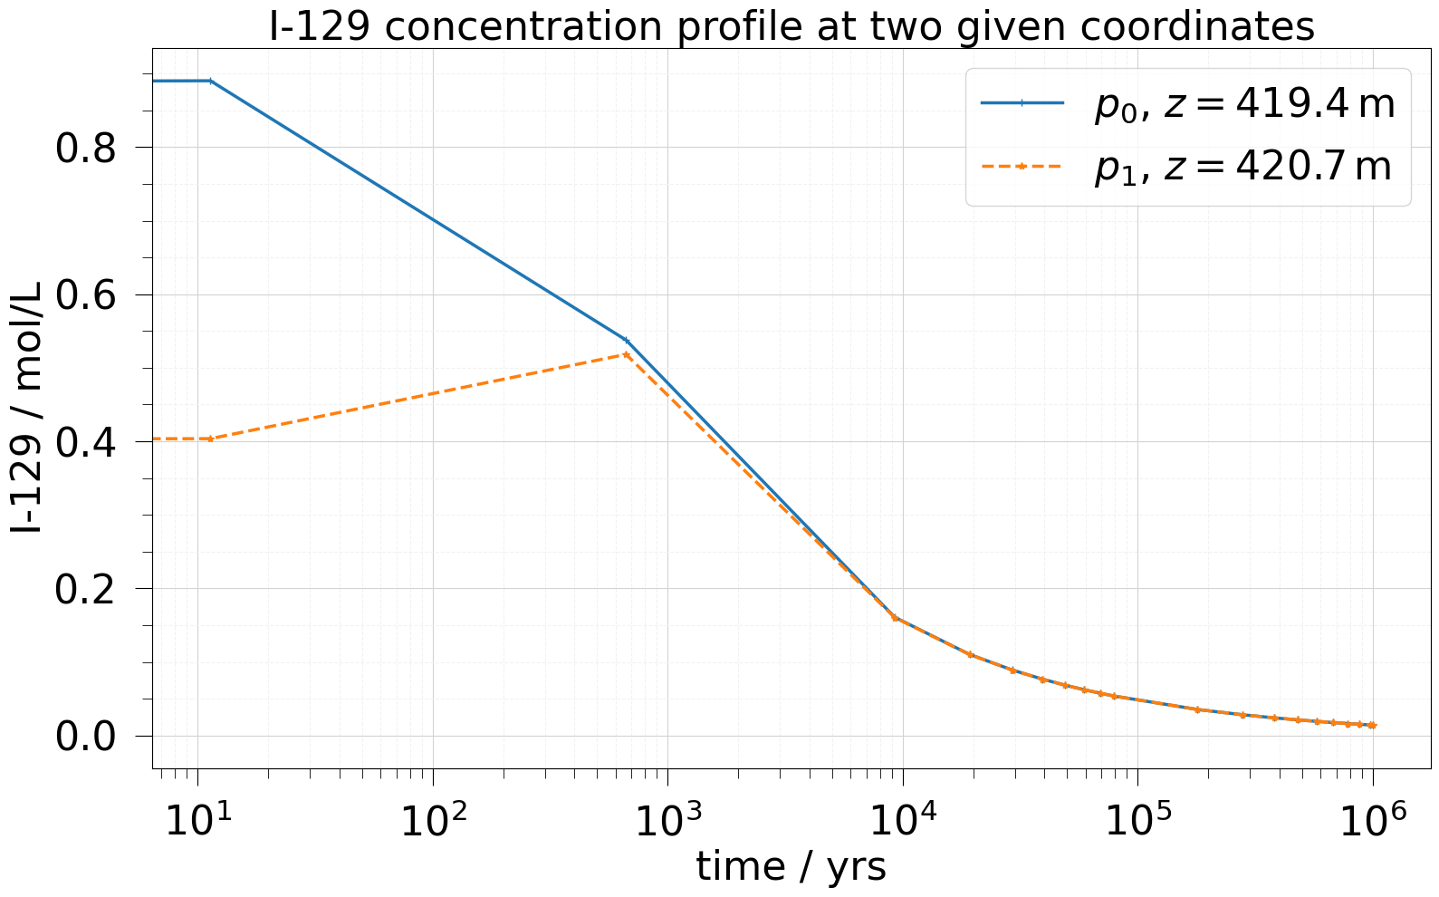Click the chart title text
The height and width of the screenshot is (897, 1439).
791,27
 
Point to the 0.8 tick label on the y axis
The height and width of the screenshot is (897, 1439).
86,149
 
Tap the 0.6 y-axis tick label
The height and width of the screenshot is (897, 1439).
86,295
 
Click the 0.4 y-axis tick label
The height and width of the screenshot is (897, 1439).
86,442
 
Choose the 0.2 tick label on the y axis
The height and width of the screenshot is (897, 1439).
86,589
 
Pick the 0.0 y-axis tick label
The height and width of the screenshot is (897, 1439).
86,736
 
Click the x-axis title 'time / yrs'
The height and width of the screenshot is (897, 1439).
791,867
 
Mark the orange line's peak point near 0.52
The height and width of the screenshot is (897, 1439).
626,354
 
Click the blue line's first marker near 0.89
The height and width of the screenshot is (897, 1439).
210,81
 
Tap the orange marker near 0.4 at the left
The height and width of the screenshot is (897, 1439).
210,439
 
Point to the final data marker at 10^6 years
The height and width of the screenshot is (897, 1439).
1373,725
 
